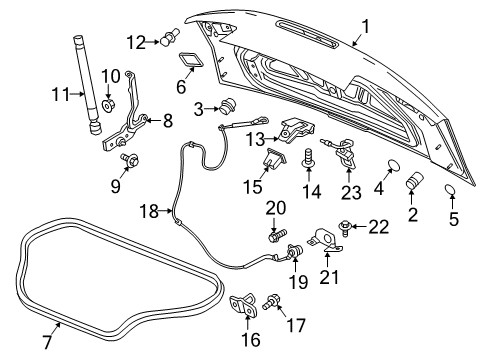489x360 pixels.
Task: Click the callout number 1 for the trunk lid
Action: tap(366, 27)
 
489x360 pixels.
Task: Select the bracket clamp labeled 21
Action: tap(324, 241)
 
